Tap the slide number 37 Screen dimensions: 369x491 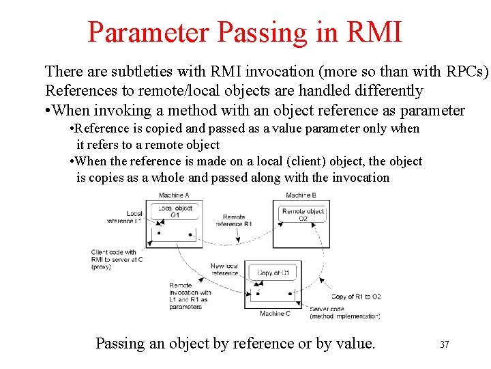pyautogui.click(x=444, y=344)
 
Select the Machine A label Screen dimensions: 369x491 pyautogui.click(x=173, y=195)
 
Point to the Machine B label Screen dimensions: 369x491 pyautogui.click(x=301, y=195)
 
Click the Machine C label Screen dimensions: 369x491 pyautogui.click(x=275, y=314)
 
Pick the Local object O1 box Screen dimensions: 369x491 pyautogui.click(x=175, y=211)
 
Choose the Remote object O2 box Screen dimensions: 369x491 pyautogui.click(x=303, y=215)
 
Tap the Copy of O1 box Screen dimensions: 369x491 pyautogui.click(x=273, y=273)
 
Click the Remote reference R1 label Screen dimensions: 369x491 pyautogui.click(x=234, y=220)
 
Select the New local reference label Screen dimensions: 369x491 pyautogui.click(x=224, y=269)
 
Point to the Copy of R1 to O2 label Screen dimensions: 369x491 pyautogui.click(x=355, y=297)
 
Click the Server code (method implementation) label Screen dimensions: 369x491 pyautogui.click(x=344, y=312)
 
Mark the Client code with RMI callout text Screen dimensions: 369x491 pyautogui.click(x=117, y=259)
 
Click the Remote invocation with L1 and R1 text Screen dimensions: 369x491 pyautogui.click(x=189, y=296)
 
